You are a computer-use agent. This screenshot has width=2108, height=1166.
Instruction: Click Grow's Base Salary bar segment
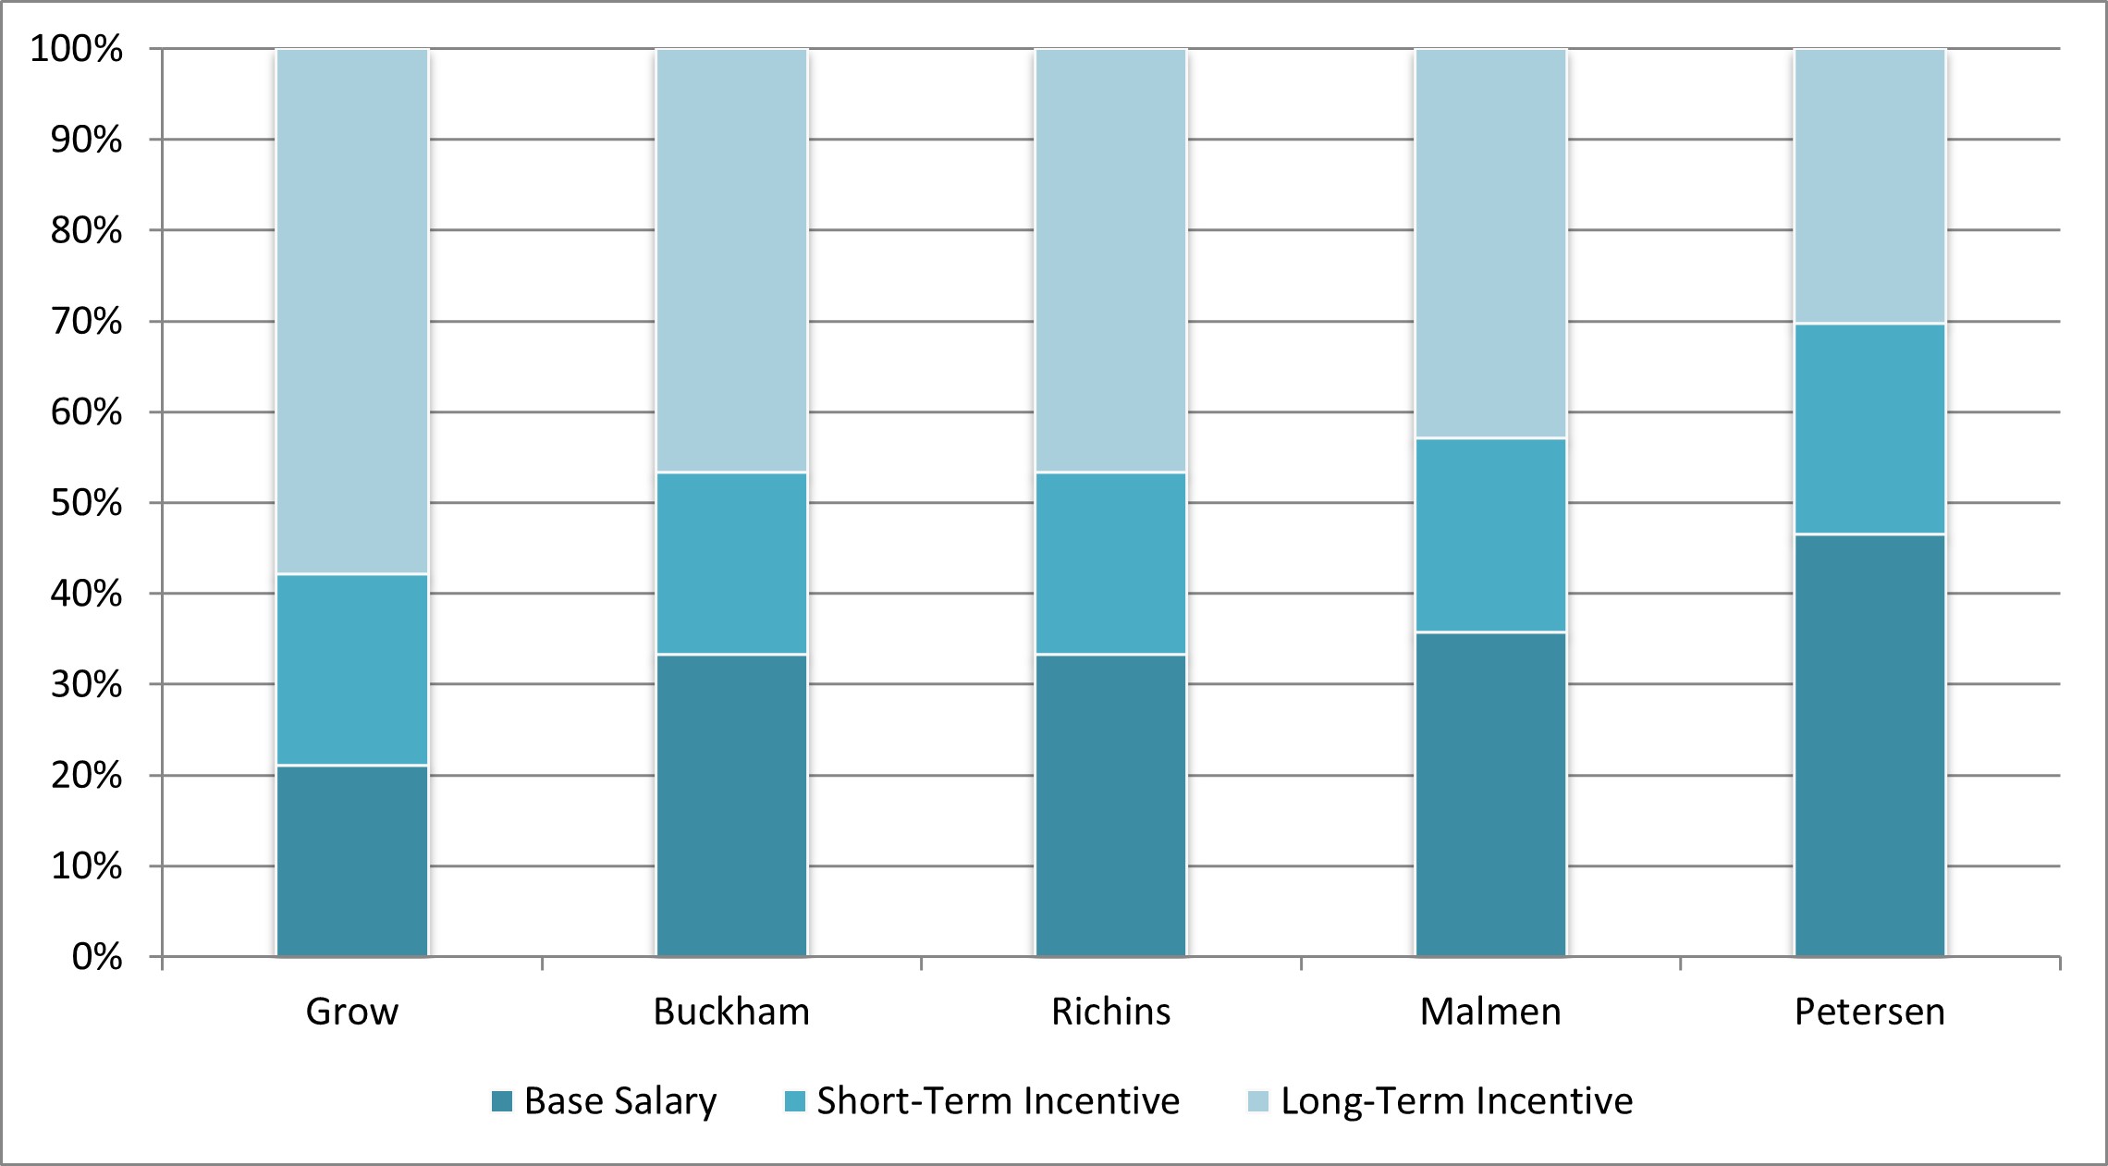point(352,860)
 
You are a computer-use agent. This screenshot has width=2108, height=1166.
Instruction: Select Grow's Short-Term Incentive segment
point(352,669)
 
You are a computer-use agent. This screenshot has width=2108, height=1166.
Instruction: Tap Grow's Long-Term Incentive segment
point(352,311)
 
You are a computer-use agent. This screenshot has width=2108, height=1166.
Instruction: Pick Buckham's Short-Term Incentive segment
point(731,563)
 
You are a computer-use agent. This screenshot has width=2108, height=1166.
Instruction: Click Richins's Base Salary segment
point(1110,804)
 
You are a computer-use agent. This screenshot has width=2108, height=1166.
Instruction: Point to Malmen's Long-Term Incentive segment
point(1490,243)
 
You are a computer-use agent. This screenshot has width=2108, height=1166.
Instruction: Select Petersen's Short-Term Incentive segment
point(1869,428)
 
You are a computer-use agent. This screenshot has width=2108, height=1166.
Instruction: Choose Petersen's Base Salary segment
point(1869,744)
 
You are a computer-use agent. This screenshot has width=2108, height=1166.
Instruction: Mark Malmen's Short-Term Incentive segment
point(1490,534)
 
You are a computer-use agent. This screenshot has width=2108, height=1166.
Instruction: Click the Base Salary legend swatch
point(502,1101)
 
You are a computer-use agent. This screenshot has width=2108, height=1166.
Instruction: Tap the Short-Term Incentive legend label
point(998,1101)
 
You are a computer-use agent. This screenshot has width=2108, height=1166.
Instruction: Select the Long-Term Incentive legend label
point(1456,1101)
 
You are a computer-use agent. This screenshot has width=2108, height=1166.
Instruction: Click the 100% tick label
point(77,49)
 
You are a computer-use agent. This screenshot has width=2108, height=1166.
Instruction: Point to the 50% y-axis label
point(86,503)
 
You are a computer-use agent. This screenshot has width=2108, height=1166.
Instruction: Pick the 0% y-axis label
point(97,957)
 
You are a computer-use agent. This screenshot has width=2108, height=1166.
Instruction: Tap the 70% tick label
point(86,322)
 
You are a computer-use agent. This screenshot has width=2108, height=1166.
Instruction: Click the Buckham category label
point(731,1012)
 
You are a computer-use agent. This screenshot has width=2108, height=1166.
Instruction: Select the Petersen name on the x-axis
point(1869,1012)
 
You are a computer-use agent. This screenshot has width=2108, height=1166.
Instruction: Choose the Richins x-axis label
point(1110,1012)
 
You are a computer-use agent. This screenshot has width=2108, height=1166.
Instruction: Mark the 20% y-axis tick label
point(86,776)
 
